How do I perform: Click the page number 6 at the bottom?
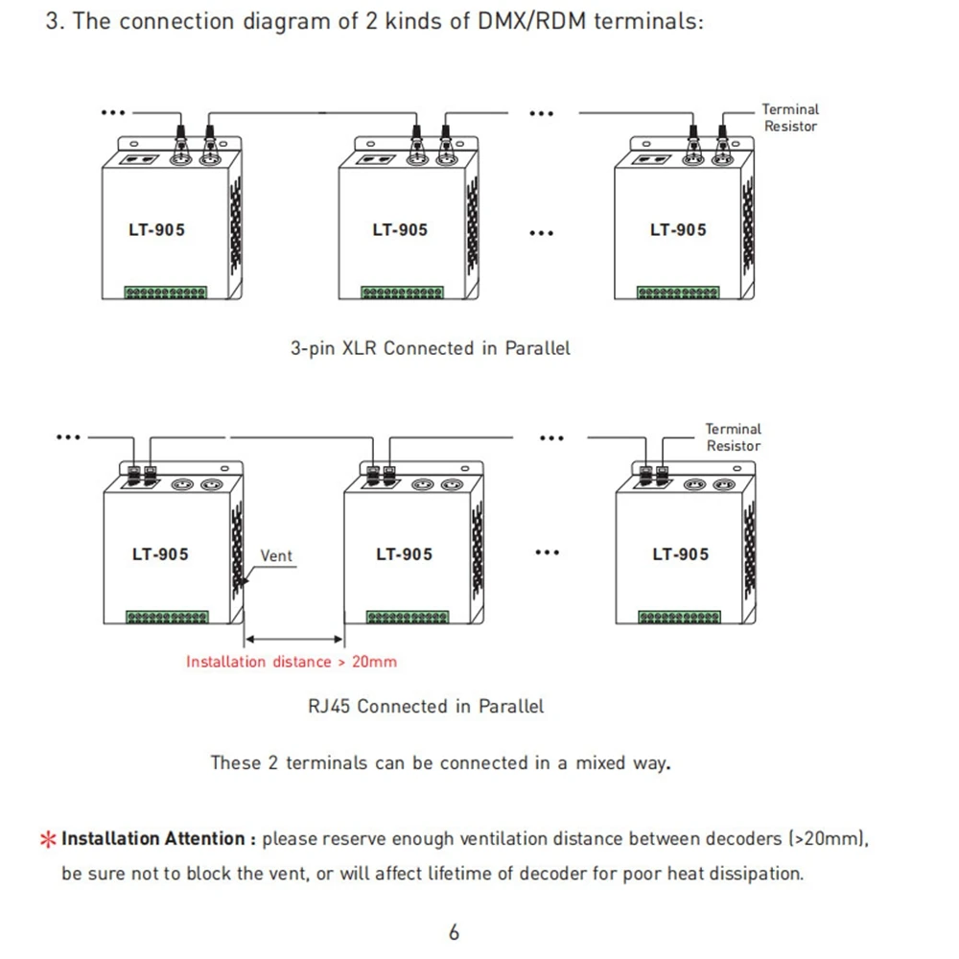click(454, 932)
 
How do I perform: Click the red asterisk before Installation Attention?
click(48, 839)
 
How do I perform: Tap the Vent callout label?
click(276, 555)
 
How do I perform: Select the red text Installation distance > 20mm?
click(292, 661)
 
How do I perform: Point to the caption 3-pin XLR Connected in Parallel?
click(430, 348)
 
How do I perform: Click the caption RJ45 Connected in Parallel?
click(426, 706)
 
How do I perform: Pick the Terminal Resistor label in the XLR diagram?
click(790, 117)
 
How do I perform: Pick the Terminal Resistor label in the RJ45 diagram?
click(734, 437)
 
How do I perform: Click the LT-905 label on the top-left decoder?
click(156, 230)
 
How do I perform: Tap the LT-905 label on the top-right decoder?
click(678, 230)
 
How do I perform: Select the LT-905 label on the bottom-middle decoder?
click(405, 554)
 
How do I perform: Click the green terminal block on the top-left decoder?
click(166, 292)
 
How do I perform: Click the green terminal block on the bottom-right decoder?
click(680, 617)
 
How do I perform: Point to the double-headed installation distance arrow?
click(294, 639)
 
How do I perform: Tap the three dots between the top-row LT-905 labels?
click(541, 233)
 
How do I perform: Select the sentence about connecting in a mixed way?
click(440, 762)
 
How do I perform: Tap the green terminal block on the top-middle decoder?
click(403, 292)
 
